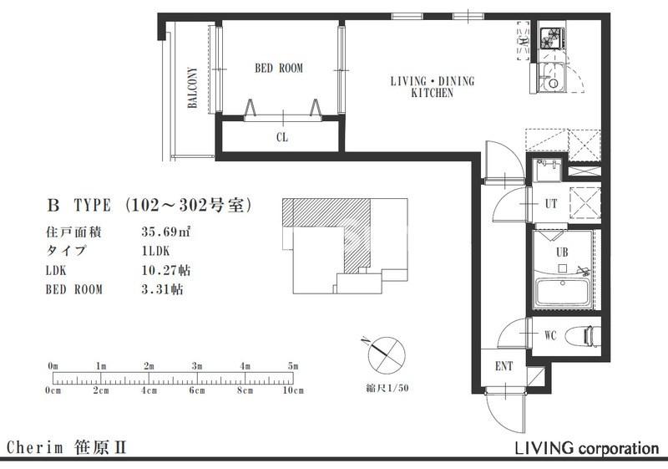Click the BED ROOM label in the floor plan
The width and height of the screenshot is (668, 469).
[x=279, y=69]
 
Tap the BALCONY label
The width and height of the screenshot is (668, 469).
[x=193, y=88]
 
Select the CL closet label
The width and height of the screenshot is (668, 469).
[x=282, y=137]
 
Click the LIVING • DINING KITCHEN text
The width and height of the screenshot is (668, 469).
[x=432, y=87]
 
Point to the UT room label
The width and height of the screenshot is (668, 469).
[x=551, y=204]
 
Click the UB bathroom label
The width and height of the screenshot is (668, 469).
[x=562, y=252]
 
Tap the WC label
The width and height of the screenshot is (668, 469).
[x=550, y=335]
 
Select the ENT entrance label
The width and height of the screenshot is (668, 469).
[x=504, y=366]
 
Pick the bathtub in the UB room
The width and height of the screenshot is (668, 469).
[x=562, y=293]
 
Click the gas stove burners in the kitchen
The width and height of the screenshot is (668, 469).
[x=552, y=38]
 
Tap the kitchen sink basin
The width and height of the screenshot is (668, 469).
[x=551, y=77]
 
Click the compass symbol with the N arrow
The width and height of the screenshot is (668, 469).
[x=386, y=354]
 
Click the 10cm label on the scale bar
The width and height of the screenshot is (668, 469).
[x=293, y=390]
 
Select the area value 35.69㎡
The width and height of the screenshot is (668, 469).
[x=166, y=232]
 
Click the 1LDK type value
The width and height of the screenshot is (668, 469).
[x=155, y=251]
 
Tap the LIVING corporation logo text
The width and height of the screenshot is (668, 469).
[x=587, y=448]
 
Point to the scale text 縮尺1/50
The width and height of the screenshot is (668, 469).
[x=387, y=388]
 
